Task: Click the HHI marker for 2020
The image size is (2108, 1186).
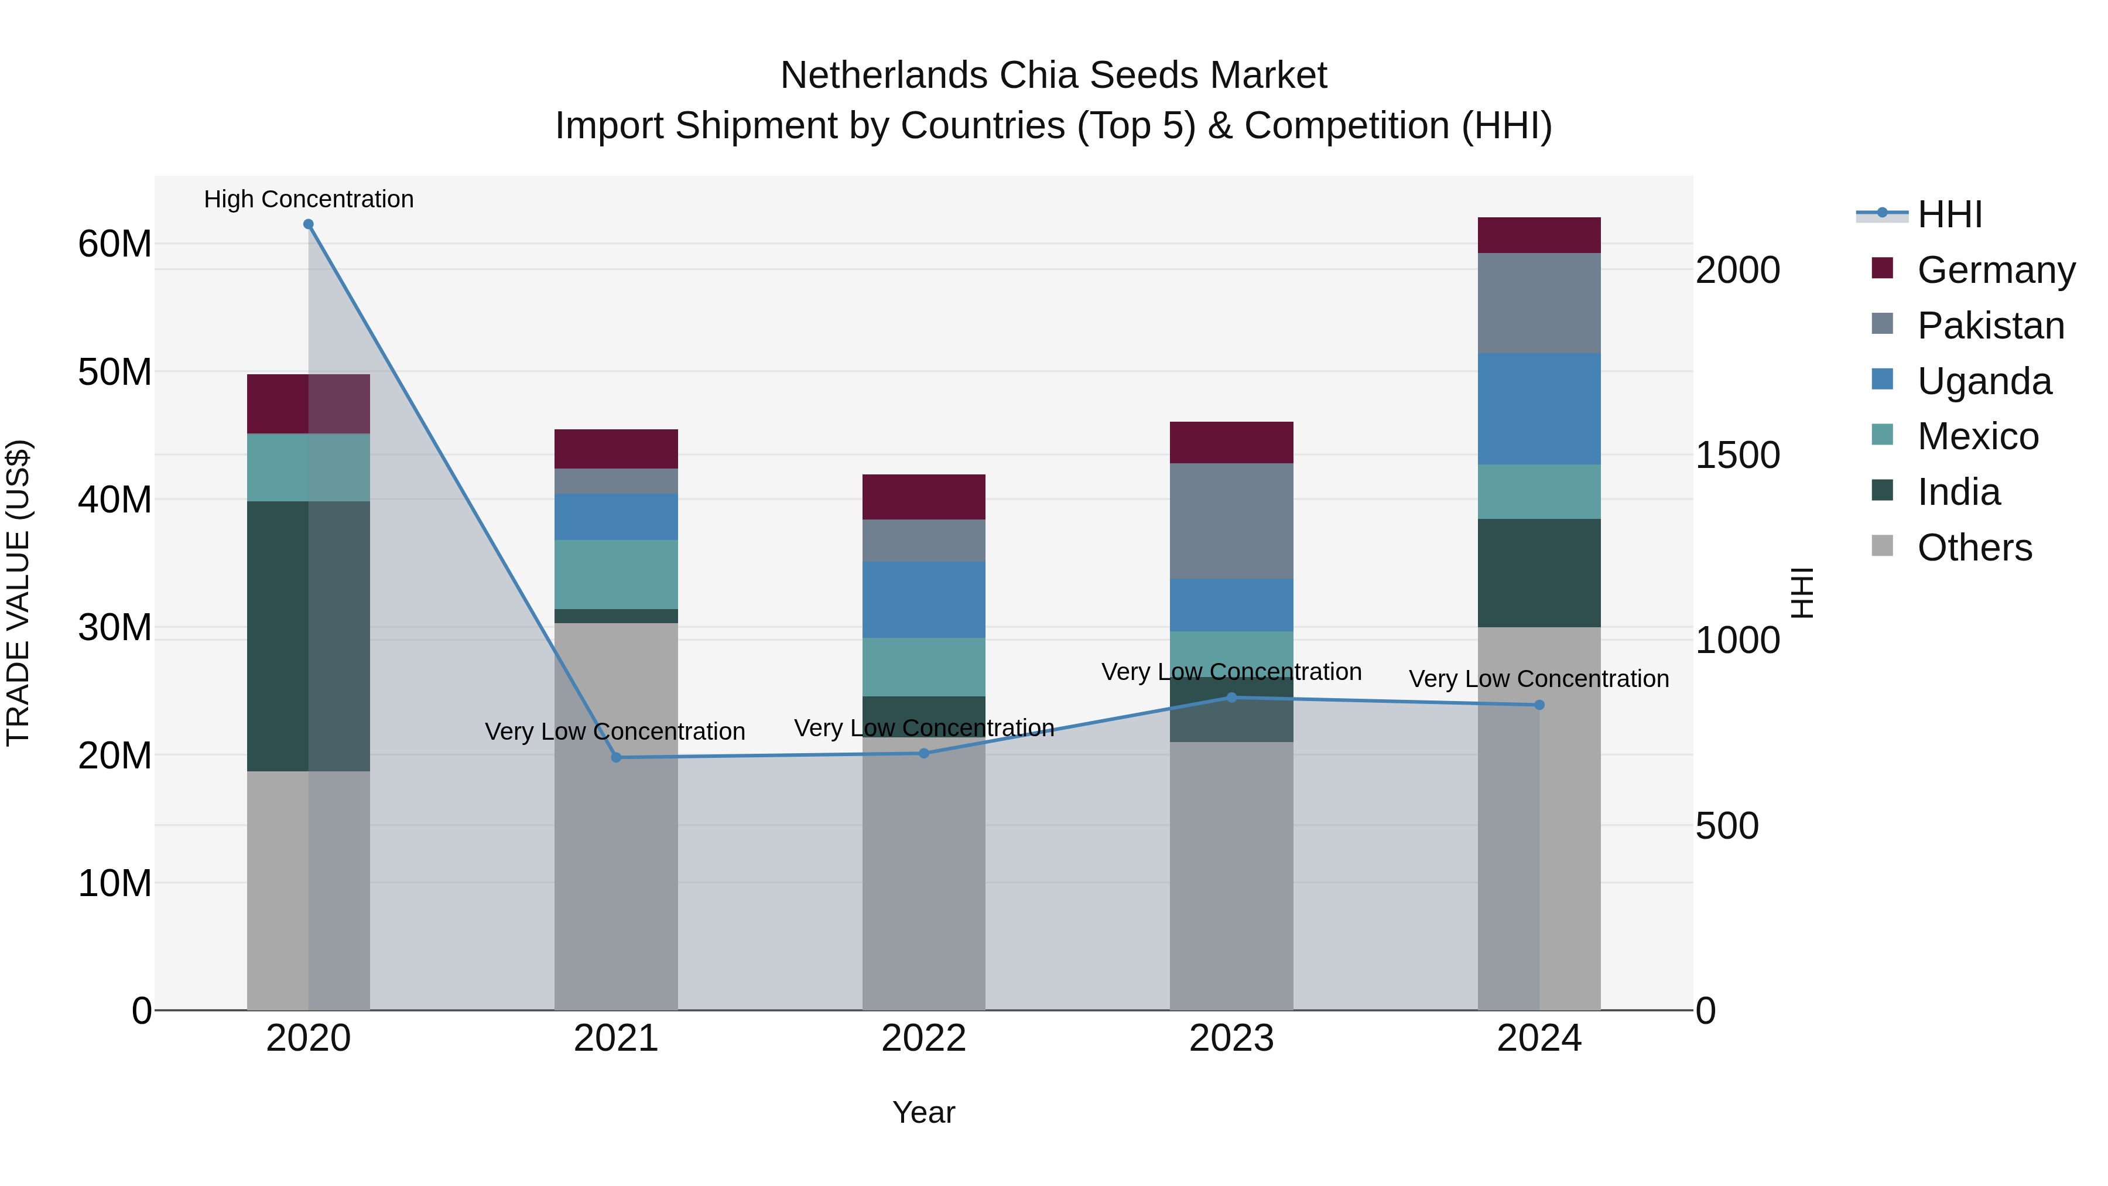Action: tap(309, 224)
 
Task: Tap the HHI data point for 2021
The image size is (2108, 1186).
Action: tap(616, 757)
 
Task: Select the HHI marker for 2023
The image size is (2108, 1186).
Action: tap(1231, 698)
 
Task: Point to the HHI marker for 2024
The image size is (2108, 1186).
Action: tap(1539, 705)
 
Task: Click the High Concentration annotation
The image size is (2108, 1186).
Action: tap(309, 199)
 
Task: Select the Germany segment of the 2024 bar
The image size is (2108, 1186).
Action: tap(1539, 235)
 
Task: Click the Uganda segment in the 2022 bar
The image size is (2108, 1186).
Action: tap(924, 599)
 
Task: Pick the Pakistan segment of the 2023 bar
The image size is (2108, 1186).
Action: tap(1231, 521)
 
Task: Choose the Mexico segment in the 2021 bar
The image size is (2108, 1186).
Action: tap(616, 574)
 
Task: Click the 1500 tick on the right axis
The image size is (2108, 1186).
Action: tap(1737, 455)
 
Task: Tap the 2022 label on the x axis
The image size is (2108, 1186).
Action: tap(924, 1038)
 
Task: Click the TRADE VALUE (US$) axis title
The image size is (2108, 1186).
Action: tap(19, 593)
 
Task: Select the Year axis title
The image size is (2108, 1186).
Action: tap(924, 1112)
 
